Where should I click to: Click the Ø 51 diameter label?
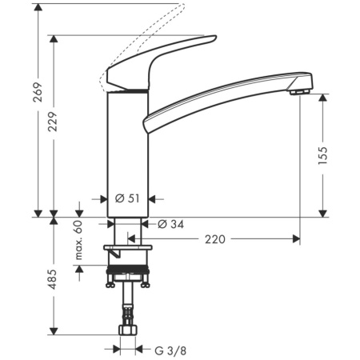point(127,199)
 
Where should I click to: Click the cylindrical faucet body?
point(126,152)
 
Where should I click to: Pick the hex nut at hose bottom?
point(126,331)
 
